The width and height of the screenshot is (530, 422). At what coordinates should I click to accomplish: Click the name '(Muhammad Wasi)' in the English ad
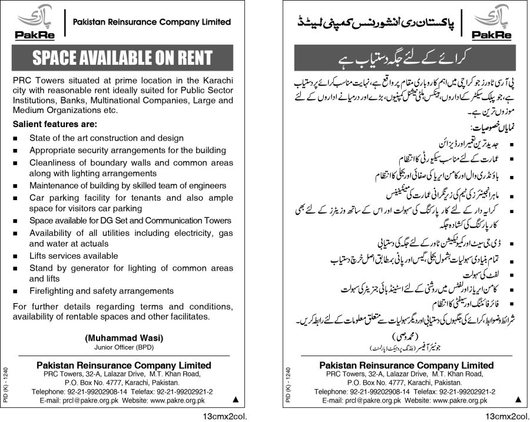point(124,338)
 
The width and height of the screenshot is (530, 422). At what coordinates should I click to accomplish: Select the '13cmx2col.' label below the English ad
point(210,416)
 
